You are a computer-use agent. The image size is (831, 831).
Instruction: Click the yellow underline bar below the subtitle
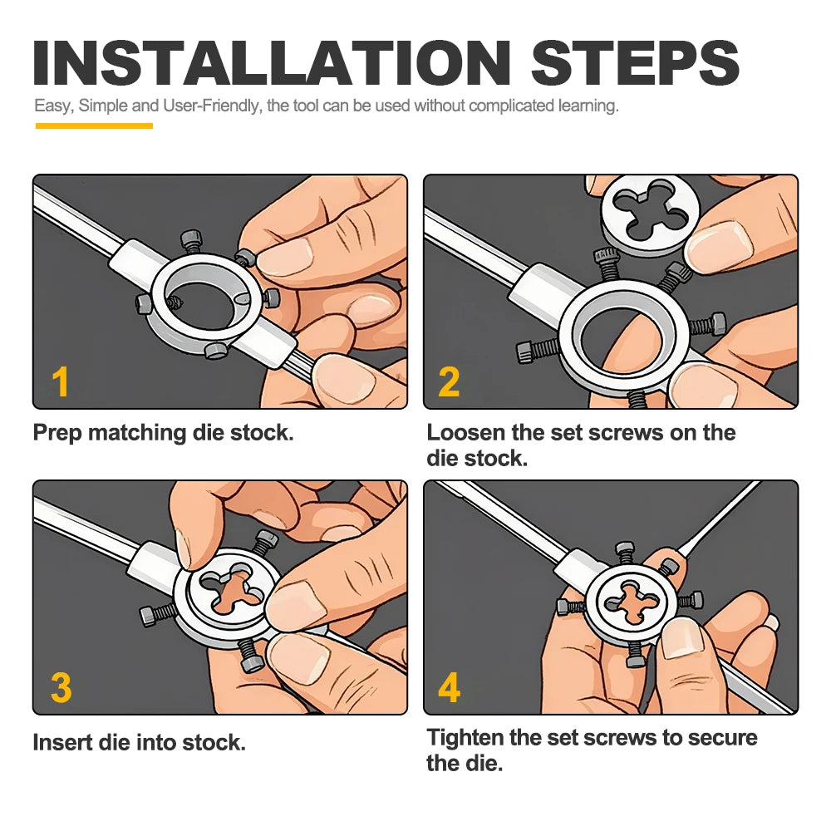click(95, 125)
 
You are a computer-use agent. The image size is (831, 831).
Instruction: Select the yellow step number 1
click(61, 381)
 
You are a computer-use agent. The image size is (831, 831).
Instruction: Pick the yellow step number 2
click(449, 381)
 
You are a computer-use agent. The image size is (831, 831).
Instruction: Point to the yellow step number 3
click(61, 687)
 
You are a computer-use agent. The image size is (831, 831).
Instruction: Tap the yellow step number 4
click(450, 687)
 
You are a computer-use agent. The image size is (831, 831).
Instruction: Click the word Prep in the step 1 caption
click(57, 434)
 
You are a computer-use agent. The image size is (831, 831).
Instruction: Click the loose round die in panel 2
click(651, 216)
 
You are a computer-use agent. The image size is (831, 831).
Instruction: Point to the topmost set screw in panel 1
click(192, 241)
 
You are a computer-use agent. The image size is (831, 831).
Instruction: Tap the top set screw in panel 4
click(626, 553)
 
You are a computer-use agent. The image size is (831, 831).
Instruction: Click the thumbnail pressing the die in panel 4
click(684, 639)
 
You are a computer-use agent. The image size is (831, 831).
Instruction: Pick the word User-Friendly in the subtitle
click(211, 106)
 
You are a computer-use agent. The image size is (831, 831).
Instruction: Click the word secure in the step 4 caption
click(722, 738)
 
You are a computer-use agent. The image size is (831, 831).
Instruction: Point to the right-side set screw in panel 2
click(707, 324)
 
